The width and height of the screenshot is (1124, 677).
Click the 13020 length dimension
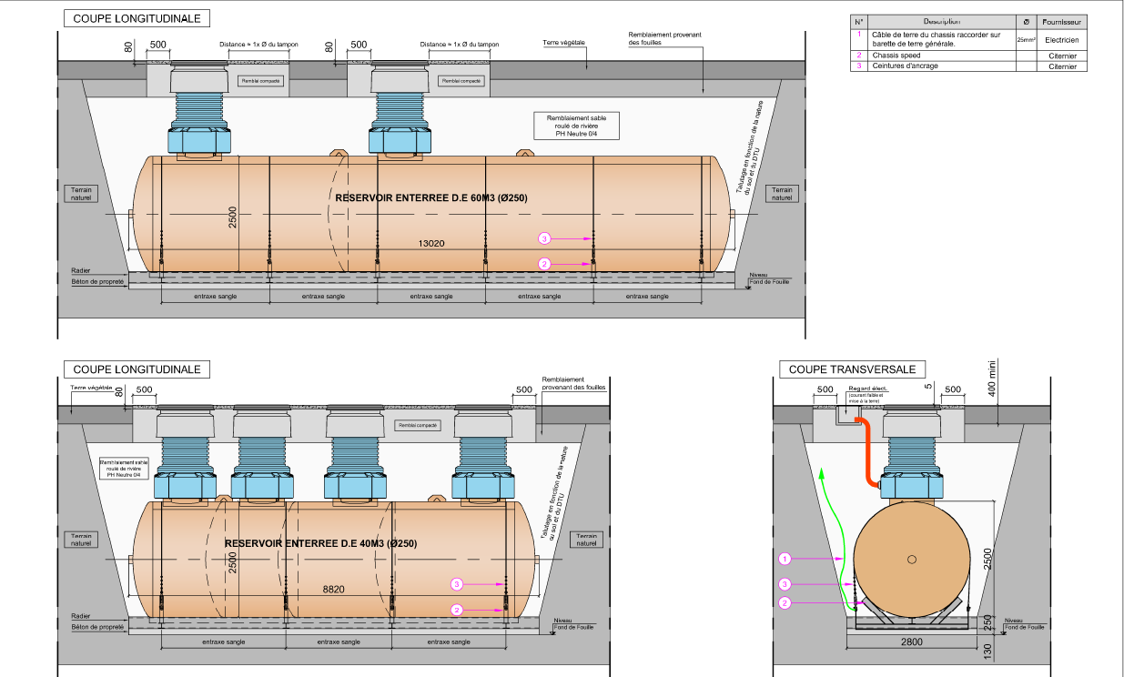(431, 244)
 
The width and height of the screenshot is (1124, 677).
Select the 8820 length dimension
(334, 590)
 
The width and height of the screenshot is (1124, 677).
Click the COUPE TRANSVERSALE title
(852, 369)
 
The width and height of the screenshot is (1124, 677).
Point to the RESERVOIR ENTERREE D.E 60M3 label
(431, 197)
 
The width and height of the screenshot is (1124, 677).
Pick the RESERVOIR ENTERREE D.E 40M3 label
(320, 543)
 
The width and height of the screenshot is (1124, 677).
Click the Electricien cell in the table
(1061, 40)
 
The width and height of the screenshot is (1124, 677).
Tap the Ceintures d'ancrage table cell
(905, 66)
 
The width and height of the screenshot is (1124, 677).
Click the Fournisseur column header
(1061, 22)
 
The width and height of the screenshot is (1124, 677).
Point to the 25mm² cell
(1026, 40)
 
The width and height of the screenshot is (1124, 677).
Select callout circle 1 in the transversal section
(786, 558)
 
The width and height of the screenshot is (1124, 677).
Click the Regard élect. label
(866, 389)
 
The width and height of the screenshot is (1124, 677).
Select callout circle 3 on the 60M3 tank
(544, 238)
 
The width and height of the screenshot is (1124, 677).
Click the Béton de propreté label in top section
(97, 282)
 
